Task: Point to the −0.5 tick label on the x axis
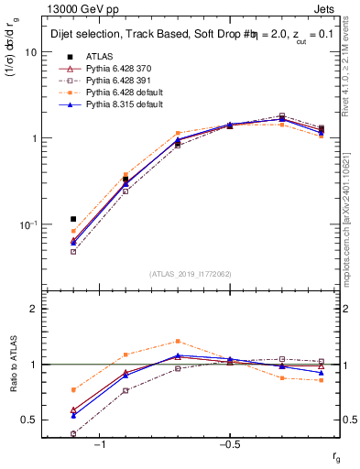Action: pos(229,444)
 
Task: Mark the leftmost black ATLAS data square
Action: pos(73,219)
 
